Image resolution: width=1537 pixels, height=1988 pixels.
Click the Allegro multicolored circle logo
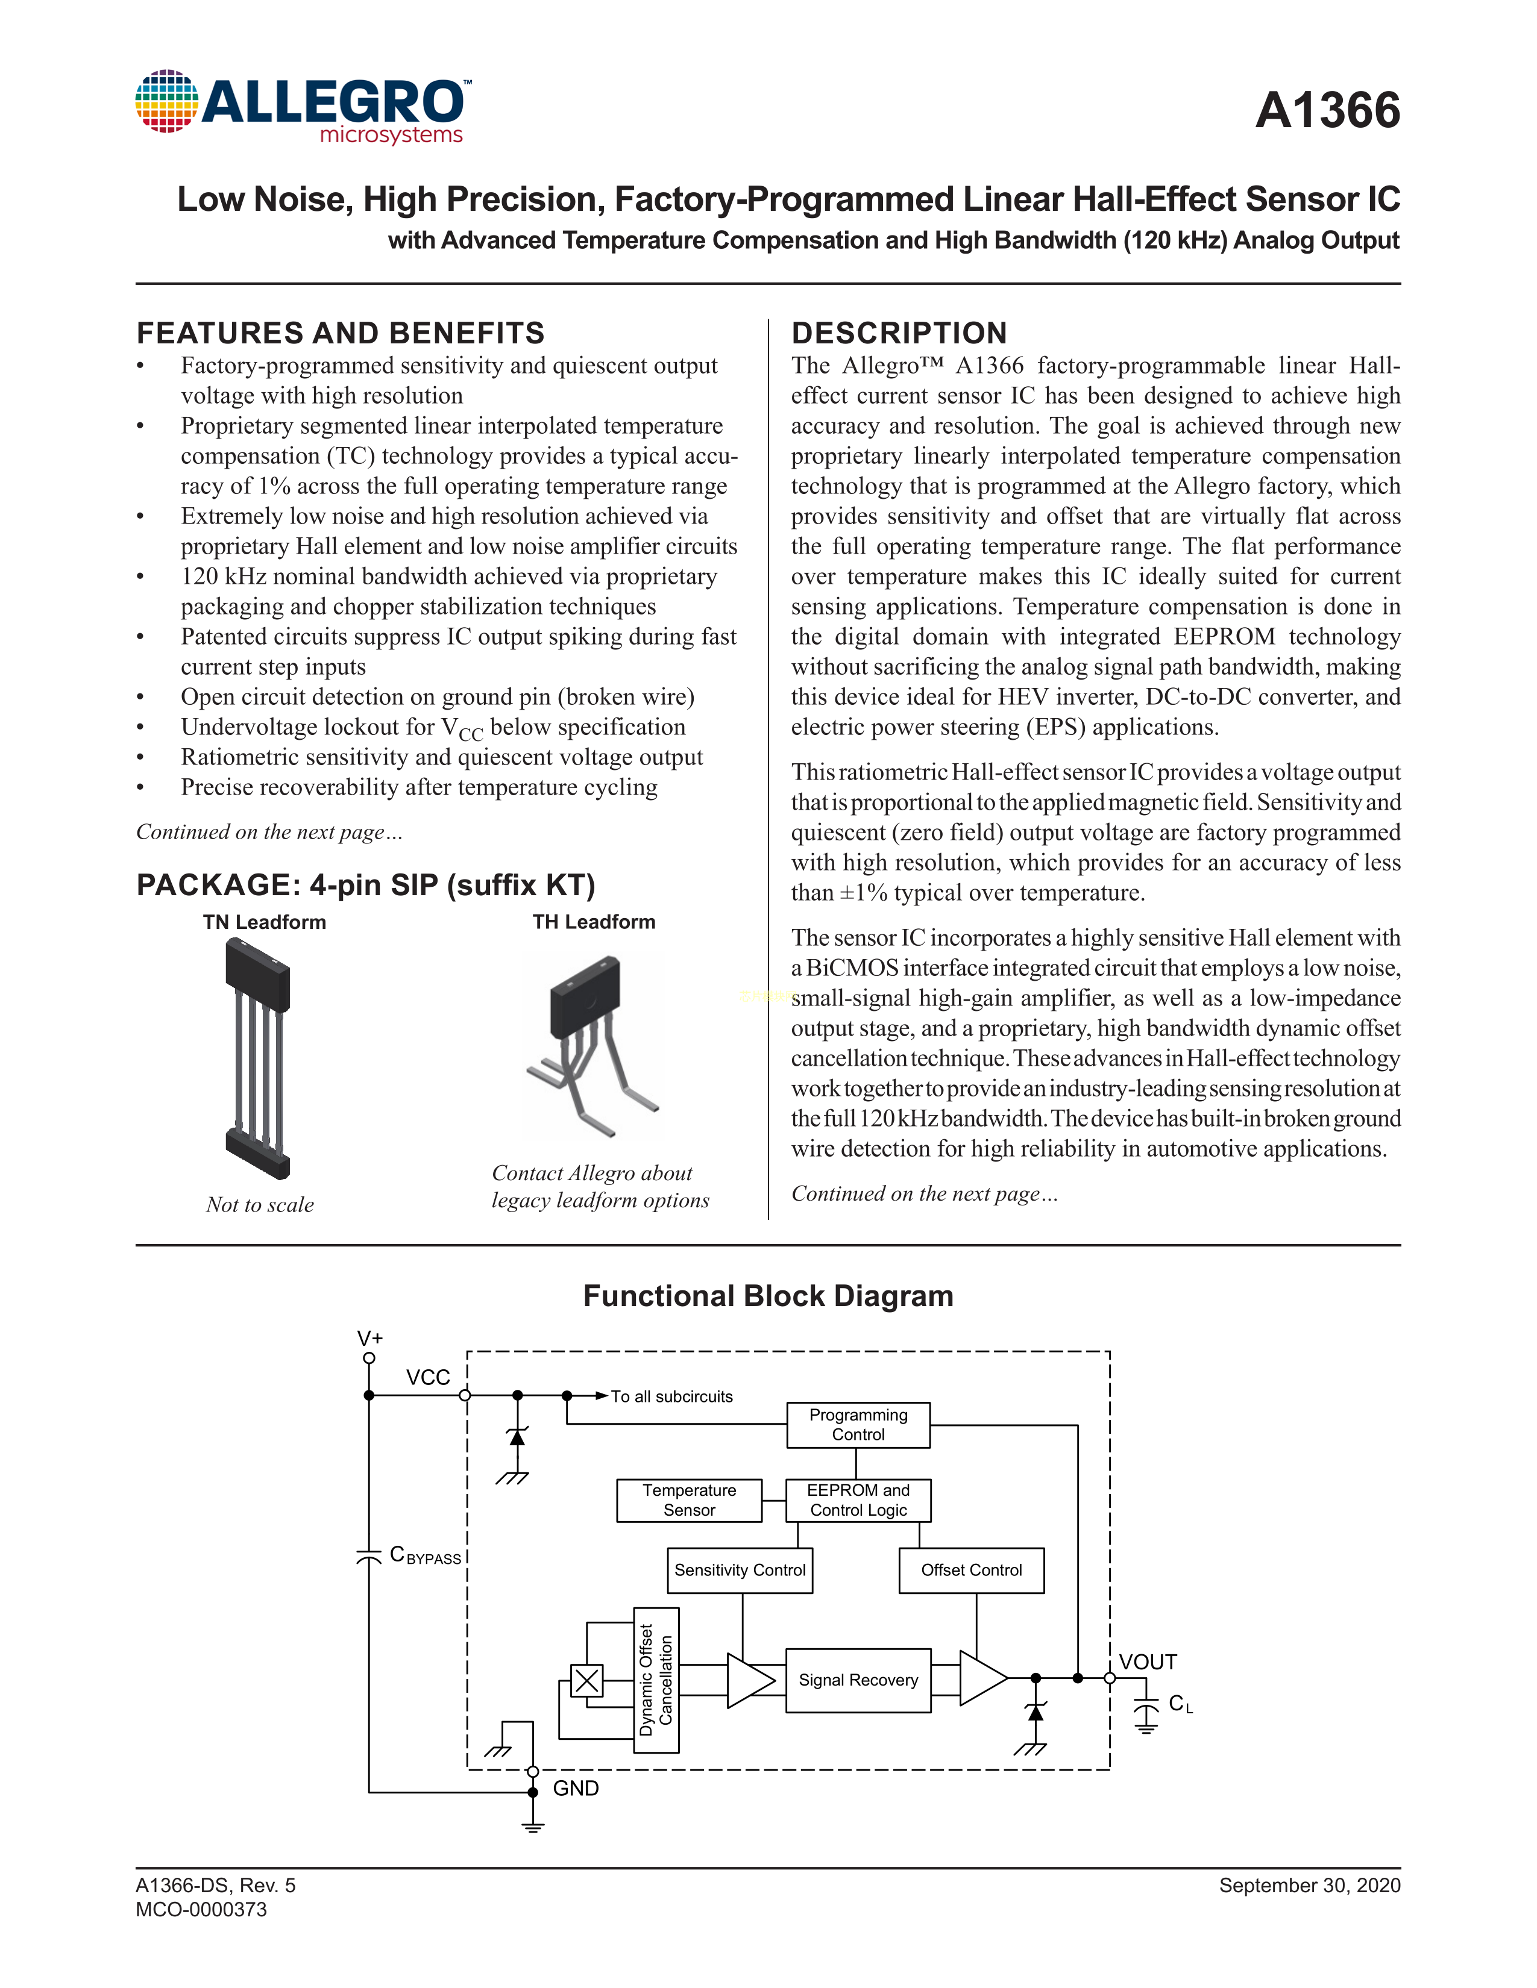[166, 101]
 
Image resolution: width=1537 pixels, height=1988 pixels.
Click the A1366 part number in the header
[1327, 111]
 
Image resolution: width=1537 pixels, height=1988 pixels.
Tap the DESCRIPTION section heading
[899, 333]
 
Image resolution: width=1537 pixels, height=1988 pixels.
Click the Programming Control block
[858, 1425]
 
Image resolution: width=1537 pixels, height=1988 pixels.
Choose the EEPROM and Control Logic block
[858, 1500]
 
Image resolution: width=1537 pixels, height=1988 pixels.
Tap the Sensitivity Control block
[740, 1570]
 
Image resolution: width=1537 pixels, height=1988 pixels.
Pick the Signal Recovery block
[858, 1680]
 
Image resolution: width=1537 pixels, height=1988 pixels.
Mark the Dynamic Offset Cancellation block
[656, 1680]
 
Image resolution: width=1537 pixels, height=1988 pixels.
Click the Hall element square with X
[587, 1680]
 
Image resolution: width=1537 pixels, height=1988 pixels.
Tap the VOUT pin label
[1147, 1662]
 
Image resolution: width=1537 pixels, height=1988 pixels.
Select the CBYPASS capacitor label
[425, 1555]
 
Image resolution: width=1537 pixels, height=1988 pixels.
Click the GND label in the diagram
[576, 1789]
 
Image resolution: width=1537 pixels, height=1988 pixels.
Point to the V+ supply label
[369, 1338]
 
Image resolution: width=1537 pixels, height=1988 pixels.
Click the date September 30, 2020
[1309, 1885]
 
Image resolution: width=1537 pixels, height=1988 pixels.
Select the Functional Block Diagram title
[767, 1296]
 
